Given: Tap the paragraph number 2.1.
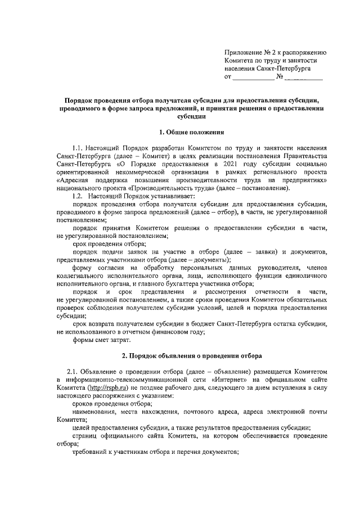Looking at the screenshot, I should (x=73, y=372).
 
